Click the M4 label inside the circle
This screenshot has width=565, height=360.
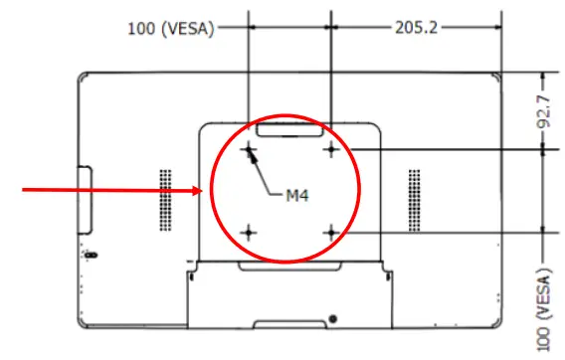(297, 195)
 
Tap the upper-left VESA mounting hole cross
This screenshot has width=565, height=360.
(249, 151)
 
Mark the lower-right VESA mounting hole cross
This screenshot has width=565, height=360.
(330, 231)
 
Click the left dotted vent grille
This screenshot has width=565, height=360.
(165, 187)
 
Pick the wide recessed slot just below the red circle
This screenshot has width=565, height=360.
(288, 266)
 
